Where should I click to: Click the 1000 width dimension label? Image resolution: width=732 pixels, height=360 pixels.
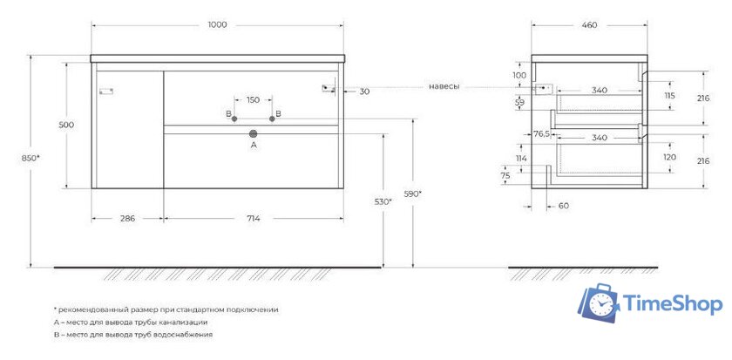coord(217,24)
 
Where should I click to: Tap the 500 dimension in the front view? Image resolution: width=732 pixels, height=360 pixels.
coord(66,125)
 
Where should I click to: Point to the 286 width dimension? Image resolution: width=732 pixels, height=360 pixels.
coord(127,218)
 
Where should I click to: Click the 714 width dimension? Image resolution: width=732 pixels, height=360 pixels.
coord(254,218)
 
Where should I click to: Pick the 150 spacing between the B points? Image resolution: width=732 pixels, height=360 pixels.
coord(253,99)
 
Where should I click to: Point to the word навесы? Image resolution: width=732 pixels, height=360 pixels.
coord(444,86)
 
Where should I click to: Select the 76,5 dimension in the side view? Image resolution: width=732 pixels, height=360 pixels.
coord(542,133)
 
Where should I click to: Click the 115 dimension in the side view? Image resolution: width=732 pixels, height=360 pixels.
coord(669,95)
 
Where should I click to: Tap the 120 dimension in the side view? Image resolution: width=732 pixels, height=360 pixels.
coord(669,158)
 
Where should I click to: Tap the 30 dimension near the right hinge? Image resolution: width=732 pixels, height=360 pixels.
coord(364,91)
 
